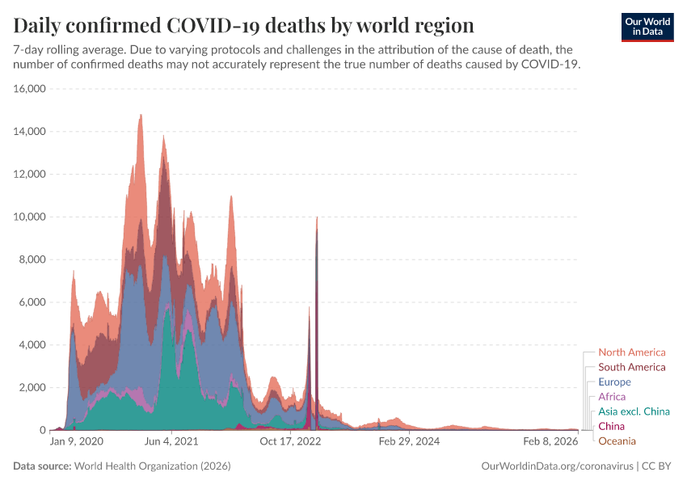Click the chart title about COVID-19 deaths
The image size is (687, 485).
tap(243, 24)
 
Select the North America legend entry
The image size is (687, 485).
tap(631, 352)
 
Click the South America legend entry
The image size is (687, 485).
tap(631, 367)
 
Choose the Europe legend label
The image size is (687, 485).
tap(614, 382)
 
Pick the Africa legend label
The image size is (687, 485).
tap(612, 397)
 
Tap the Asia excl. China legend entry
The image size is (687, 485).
tap(634, 411)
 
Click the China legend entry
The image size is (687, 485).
tap(611, 426)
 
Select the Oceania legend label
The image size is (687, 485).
tap(617, 441)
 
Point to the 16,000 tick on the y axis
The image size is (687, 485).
tap(29, 89)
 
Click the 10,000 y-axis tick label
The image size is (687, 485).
tap(29, 217)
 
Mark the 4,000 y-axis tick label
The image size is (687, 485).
tap(32, 345)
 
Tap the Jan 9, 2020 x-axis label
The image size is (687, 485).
tap(77, 442)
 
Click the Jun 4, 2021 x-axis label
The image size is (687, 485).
tap(171, 442)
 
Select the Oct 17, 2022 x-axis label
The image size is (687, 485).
tap(290, 442)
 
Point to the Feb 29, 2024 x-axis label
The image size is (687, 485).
tap(409, 442)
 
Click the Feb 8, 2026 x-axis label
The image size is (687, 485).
tap(550, 442)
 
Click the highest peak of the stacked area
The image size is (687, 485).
tap(141, 116)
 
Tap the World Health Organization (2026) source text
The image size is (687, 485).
tap(152, 466)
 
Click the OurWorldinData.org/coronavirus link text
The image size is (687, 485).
tap(557, 466)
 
